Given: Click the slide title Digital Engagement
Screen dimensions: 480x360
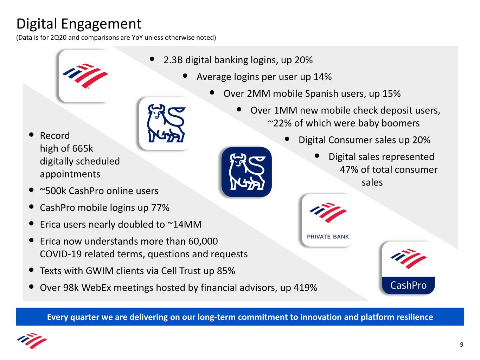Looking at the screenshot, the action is pyautogui.click(x=79, y=24).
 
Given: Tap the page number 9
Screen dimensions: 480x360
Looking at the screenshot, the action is pyautogui.click(x=461, y=345).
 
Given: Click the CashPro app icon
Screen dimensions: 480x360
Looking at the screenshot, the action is pyautogui.click(x=408, y=268).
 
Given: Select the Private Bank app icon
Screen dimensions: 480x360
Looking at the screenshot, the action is pyautogui.click(x=328, y=220).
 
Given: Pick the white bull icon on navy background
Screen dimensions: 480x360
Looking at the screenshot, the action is pyautogui.click(x=247, y=172).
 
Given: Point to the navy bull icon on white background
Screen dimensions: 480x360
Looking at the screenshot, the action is pyautogui.click(x=166, y=123).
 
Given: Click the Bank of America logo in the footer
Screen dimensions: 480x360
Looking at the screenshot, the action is pyautogui.click(x=32, y=341).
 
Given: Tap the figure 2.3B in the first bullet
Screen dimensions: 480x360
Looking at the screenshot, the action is pyautogui.click(x=173, y=60).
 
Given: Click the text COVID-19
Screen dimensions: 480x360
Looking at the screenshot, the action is pyautogui.click(x=61, y=254).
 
